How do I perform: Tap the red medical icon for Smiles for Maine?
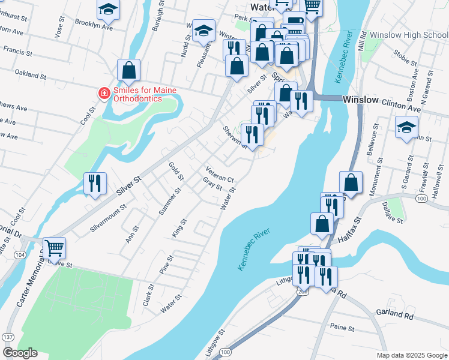(x=103, y=93)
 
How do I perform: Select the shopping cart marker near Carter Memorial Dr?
(x=54, y=247)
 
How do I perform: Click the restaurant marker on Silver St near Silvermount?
(x=95, y=183)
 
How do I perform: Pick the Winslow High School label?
(x=409, y=35)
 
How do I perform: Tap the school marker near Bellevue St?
(x=406, y=127)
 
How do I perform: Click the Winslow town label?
(x=360, y=100)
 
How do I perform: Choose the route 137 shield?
(x=8, y=337)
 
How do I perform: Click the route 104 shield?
(x=20, y=255)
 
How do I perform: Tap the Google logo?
(x=20, y=353)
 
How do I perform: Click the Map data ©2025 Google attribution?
(x=411, y=355)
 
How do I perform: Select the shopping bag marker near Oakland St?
(x=129, y=71)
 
